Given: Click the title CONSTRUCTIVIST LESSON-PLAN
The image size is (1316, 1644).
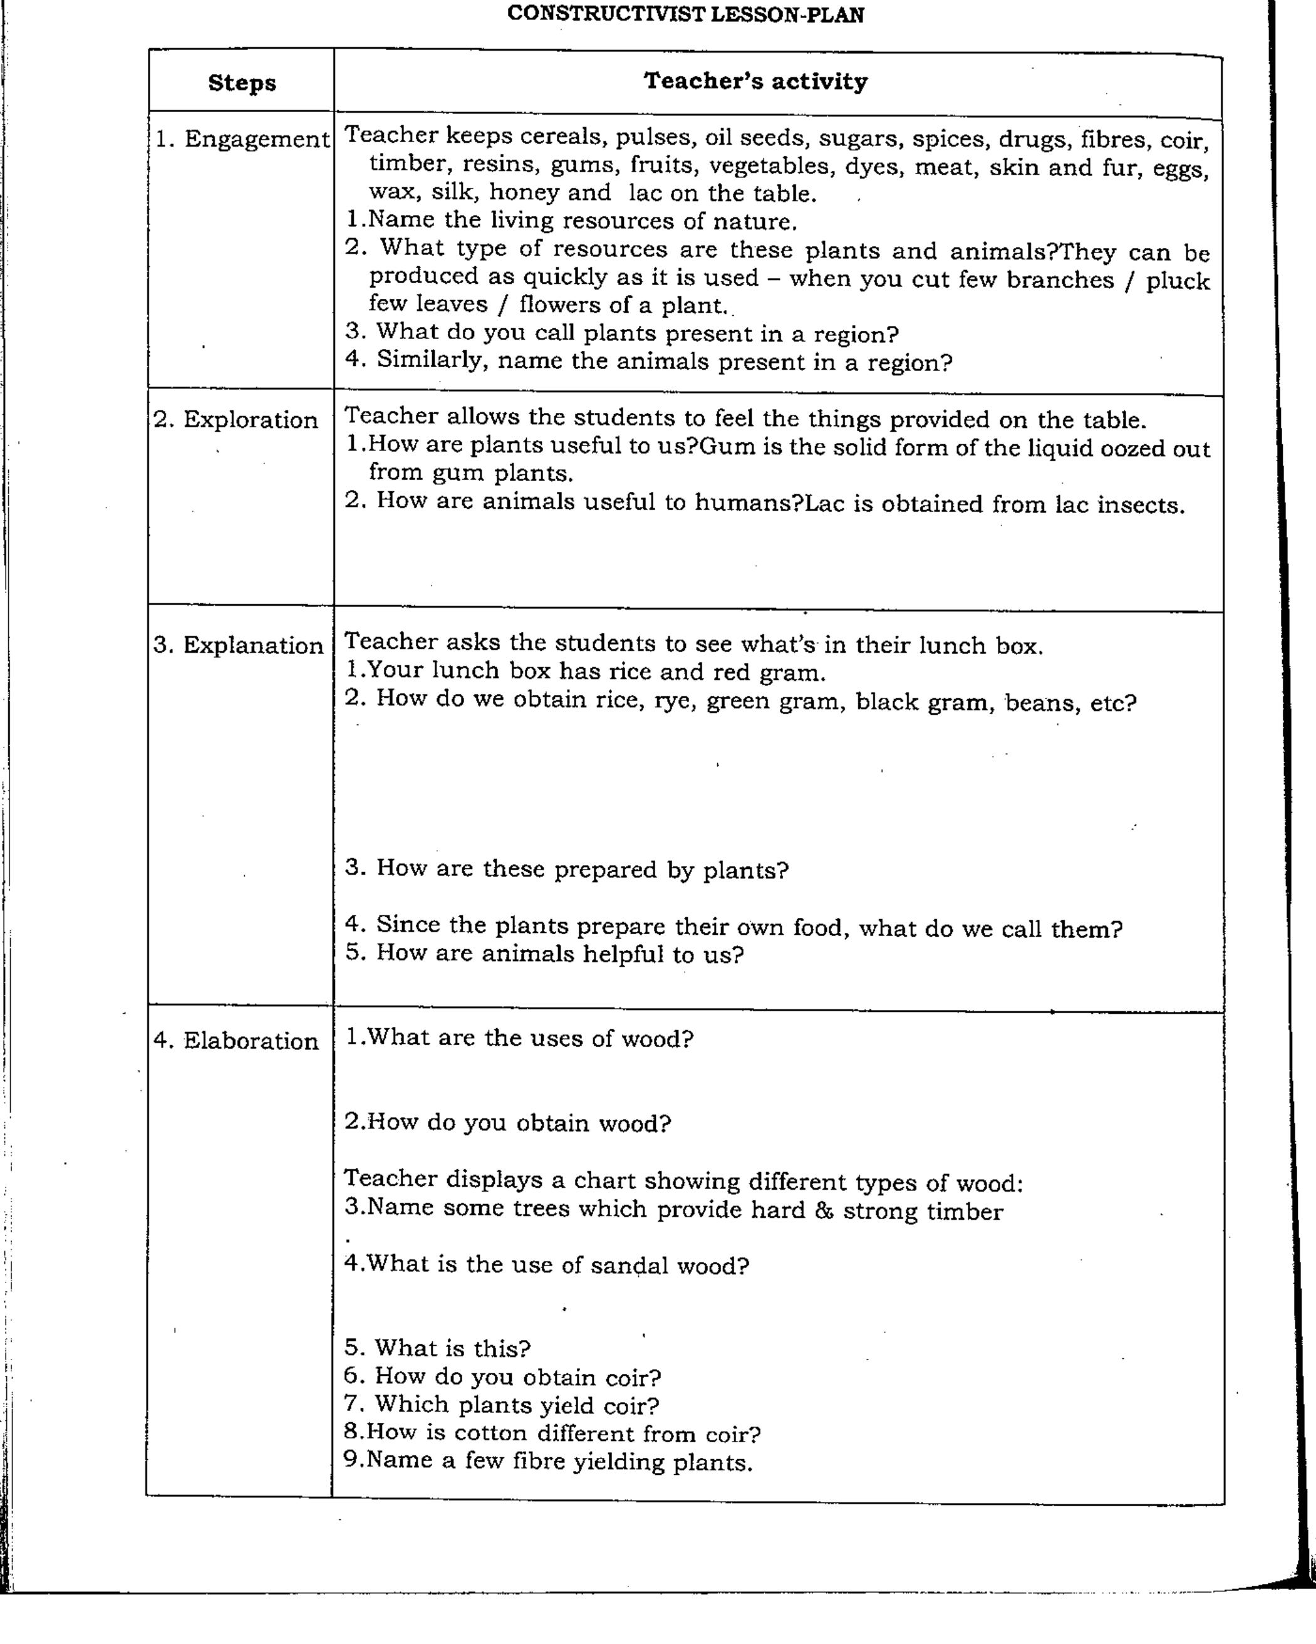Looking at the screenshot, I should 685,14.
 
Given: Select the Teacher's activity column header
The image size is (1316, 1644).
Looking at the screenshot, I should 755,81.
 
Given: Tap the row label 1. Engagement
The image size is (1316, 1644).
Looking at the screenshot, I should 242,139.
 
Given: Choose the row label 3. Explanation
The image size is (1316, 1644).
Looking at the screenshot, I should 238,645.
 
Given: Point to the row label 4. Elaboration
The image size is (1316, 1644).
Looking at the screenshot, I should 236,1040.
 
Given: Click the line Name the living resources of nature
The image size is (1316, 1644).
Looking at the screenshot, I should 572,221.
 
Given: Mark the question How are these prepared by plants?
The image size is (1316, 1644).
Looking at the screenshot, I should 566,868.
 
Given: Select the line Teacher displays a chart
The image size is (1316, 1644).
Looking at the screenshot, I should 682,1181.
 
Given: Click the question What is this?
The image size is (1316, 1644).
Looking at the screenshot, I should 438,1348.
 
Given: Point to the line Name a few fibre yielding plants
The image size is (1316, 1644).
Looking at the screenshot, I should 548,1462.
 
